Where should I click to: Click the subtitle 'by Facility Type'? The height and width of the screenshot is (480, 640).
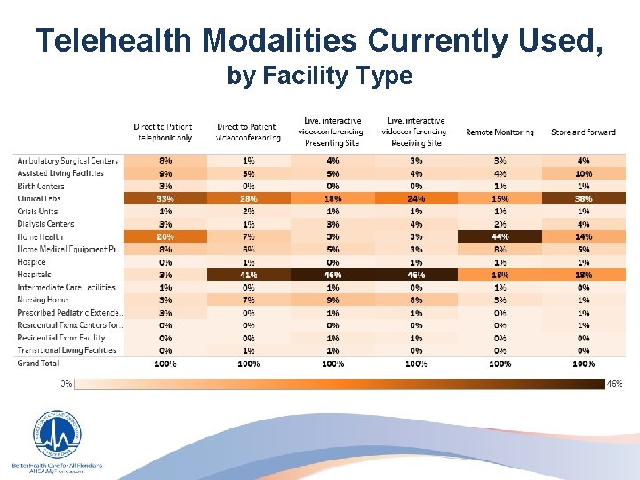click(320, 76)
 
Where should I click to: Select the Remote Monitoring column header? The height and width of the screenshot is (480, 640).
click(500, 132)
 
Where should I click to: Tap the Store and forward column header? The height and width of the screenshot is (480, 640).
click(583, 132)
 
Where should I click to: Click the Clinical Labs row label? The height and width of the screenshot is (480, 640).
click(40, 198)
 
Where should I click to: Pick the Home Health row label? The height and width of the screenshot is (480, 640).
click(40, 236)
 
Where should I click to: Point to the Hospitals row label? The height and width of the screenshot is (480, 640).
click(36, 275)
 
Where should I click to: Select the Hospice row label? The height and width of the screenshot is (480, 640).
click(33, 262)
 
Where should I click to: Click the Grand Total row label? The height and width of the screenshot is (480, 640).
click(38, 364)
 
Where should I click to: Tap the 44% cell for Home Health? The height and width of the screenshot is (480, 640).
click(500, 236)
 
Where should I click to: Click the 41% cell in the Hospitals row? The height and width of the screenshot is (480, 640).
click(249, 275)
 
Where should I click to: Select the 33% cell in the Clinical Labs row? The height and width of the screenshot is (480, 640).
click(165, 198)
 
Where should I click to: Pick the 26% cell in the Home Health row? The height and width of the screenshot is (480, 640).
click(165, 236)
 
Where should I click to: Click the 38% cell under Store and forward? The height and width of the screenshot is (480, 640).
click(583, 198)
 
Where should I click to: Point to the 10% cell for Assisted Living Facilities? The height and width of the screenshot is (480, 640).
click(583, 173)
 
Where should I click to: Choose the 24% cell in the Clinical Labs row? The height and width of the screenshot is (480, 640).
click(416, 198)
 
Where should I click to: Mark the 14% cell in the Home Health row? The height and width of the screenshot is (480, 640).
click(583, 236)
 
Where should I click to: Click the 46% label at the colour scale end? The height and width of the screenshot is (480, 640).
click(614, 384)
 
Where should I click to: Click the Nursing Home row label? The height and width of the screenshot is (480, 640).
click(42, 300)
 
